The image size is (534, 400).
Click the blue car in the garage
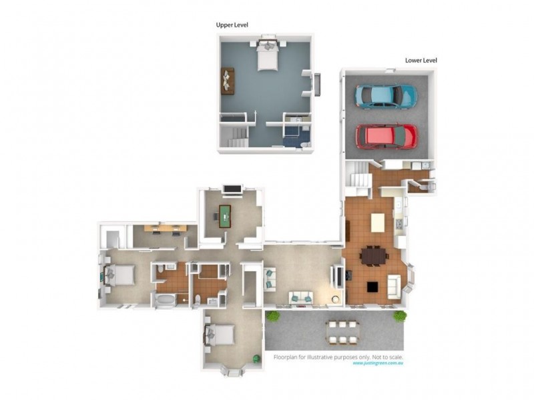point(386,96)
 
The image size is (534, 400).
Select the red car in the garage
point(386,136)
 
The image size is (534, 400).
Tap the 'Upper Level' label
point(232,25)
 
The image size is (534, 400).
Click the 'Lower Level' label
point(421,60)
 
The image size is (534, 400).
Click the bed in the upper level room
point(267,57)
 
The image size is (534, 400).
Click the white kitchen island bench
point(378,221)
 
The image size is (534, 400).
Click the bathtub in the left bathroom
point(164,301)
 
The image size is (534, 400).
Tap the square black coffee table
point(371,287)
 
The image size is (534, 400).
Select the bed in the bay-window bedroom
point(221,333)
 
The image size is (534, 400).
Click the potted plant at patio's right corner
point(400,316)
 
